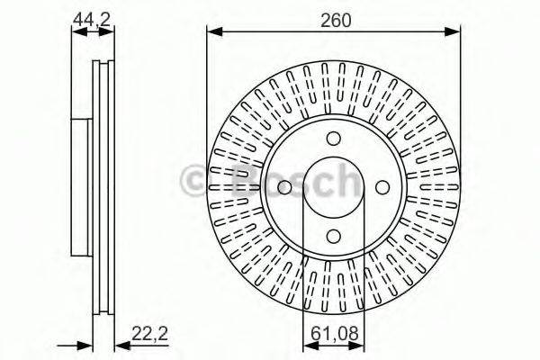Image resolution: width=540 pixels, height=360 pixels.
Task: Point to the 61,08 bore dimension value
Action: click(333, 335)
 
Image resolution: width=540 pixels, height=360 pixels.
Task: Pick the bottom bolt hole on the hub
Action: click(333, 236)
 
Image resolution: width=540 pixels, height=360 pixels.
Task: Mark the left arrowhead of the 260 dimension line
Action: click(212, 31)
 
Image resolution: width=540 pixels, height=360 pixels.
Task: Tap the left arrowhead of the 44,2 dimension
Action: click(76, 31)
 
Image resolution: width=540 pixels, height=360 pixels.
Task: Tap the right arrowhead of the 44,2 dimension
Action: click(111, 31)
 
